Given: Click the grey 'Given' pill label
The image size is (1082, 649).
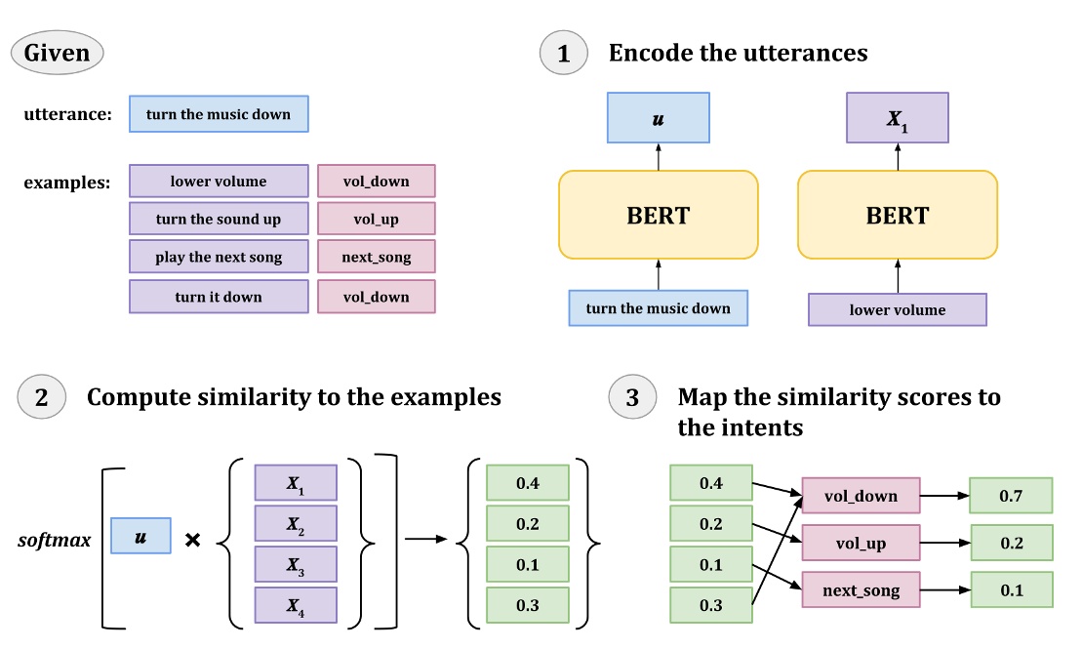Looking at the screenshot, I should coord(58,52).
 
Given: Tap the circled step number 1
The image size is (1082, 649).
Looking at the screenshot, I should coord(564,53).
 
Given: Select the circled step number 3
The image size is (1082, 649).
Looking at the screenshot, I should coord(632,398).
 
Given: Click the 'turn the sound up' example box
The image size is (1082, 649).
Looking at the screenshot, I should coord(219,220).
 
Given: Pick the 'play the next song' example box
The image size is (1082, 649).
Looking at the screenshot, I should coord(219,258).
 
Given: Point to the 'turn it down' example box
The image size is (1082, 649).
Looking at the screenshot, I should coord(219,297).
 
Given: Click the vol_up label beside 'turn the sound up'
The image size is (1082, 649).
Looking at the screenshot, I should coord(377,220).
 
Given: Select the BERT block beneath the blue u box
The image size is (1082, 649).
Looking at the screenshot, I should coord(659,215).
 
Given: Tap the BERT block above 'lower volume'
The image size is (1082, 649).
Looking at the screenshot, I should coord(898,215).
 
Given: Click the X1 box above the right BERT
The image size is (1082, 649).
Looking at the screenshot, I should coord(898,118).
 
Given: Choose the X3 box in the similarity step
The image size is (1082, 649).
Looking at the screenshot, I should coord(295,564).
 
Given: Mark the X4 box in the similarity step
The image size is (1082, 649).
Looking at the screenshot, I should coord(295,605).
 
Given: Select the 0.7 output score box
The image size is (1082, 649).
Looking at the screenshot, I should coord(1011,496).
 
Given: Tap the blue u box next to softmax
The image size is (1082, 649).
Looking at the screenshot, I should coord(140,537).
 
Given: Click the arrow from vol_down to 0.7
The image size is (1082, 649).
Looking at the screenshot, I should coord(943,496).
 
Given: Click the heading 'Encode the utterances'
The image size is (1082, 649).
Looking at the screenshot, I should coord(738,53).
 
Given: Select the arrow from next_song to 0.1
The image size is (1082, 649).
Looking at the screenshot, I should coord(943,590).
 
